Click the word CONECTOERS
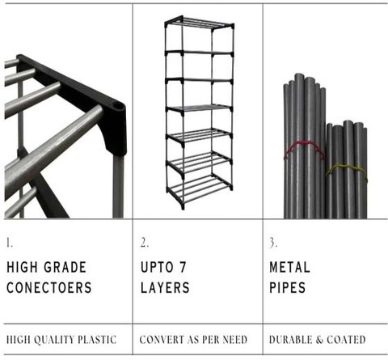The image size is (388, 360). pos(49,287)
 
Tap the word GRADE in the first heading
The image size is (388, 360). pos(65,267)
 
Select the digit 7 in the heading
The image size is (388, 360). pos(183,267)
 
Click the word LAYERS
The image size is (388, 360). pos(165,287)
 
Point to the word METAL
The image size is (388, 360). pos(289,267)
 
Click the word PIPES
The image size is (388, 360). pos(288,287)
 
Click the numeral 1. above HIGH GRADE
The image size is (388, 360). pos(10,243)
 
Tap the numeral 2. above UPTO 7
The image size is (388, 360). pos(144,243)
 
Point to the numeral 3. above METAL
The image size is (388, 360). pos(273,243)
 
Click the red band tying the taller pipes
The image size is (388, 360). pos(304,148)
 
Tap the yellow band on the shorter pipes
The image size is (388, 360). pos(346,169)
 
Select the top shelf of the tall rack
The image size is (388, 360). pos(200,23)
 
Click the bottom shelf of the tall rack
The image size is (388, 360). pos(200,188)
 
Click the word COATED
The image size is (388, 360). pos(346,340)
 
